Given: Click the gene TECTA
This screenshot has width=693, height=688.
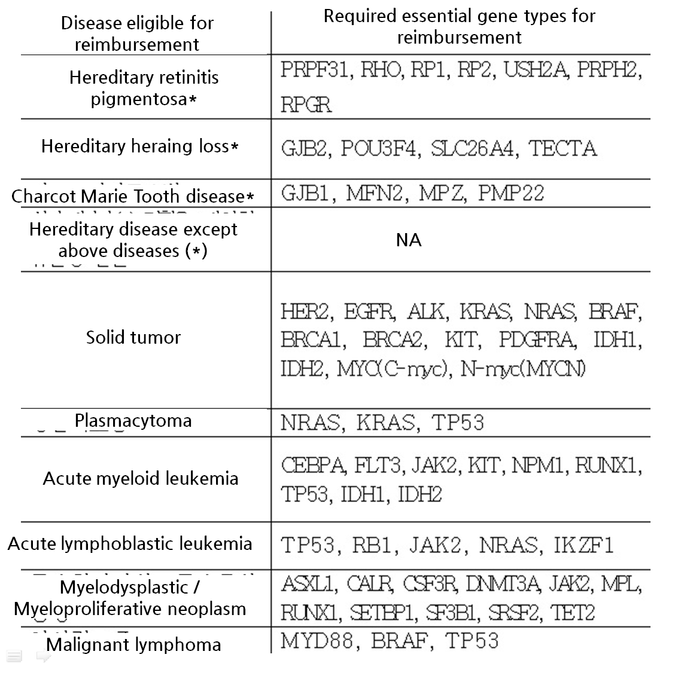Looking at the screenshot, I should [x=563, y=149].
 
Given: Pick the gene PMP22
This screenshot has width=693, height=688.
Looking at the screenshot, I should [x=511, y=194].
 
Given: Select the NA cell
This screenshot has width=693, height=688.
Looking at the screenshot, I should [x=409, y=240].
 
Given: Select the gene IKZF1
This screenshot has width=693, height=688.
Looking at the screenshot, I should [x=583, y=545].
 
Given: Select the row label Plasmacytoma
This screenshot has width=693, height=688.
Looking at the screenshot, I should [x=133, y=420].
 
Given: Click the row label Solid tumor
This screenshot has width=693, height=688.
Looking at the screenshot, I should [x=133, y=337].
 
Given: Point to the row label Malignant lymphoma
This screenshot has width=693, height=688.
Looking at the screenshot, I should [x=133, y=644].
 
